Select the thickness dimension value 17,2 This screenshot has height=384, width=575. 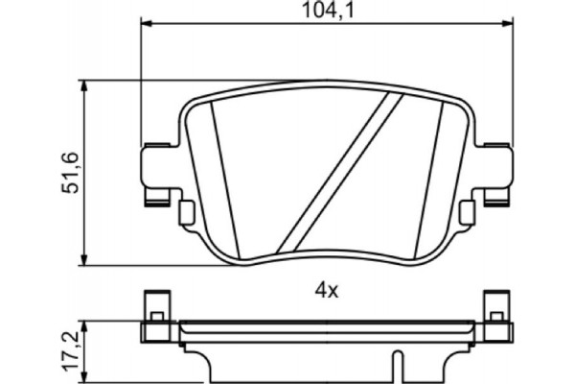click(70, 352)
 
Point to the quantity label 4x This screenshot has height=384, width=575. click(327, 288)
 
